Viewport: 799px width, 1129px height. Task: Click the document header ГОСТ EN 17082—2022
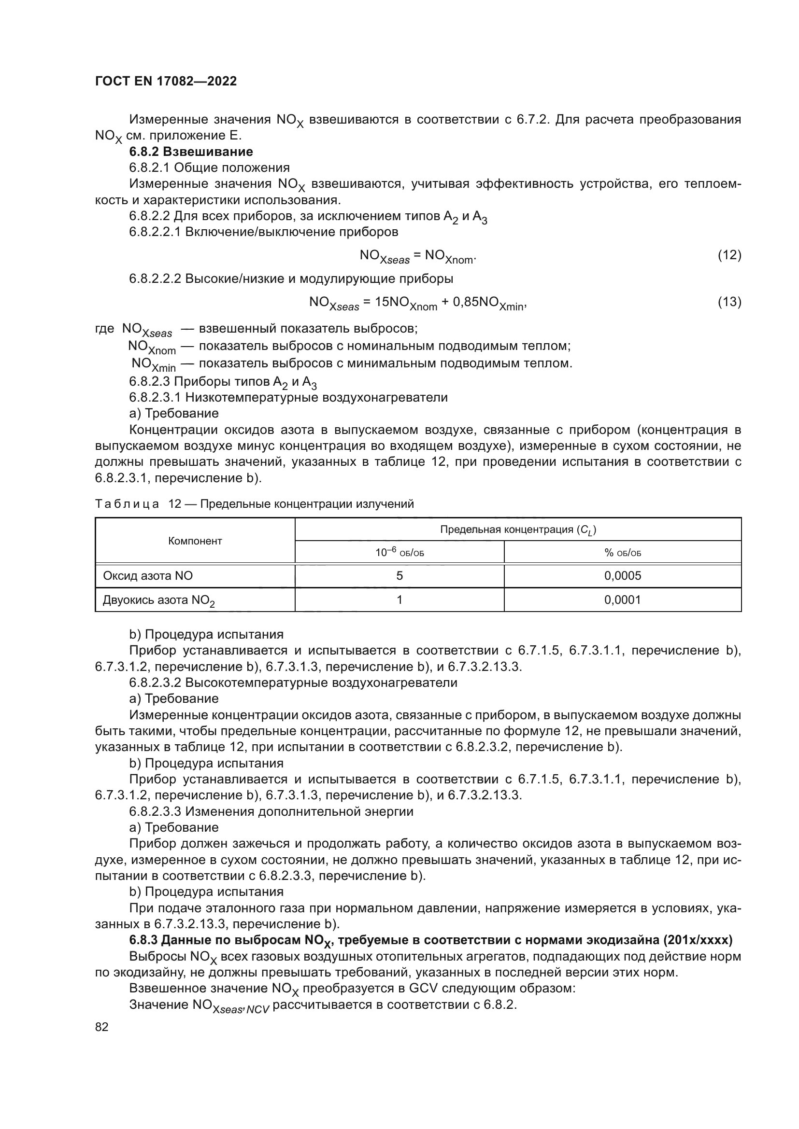[166, 81]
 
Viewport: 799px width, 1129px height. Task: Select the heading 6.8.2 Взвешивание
[191, 152]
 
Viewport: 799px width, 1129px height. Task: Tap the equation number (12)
[729, 255]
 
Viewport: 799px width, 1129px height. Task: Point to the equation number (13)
[729, 301]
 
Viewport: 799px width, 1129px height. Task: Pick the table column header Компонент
[195, 541]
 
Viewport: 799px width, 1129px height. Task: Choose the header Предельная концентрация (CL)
[517, 530]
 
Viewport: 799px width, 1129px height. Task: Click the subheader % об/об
[622, 553]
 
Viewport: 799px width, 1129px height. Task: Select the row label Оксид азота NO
[148, 576]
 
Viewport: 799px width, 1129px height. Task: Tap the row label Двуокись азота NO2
[158, 600]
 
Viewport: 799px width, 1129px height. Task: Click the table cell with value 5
[399, 576]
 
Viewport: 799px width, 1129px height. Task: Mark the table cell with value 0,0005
[622, 576]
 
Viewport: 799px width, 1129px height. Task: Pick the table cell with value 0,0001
[622, 600]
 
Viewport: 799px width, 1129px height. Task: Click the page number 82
[102, 1027]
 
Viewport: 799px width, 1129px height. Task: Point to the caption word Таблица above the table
[127, 504]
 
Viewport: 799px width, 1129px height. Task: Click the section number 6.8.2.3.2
[155, 683]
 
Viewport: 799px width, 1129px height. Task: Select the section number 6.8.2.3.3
[155, 811]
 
